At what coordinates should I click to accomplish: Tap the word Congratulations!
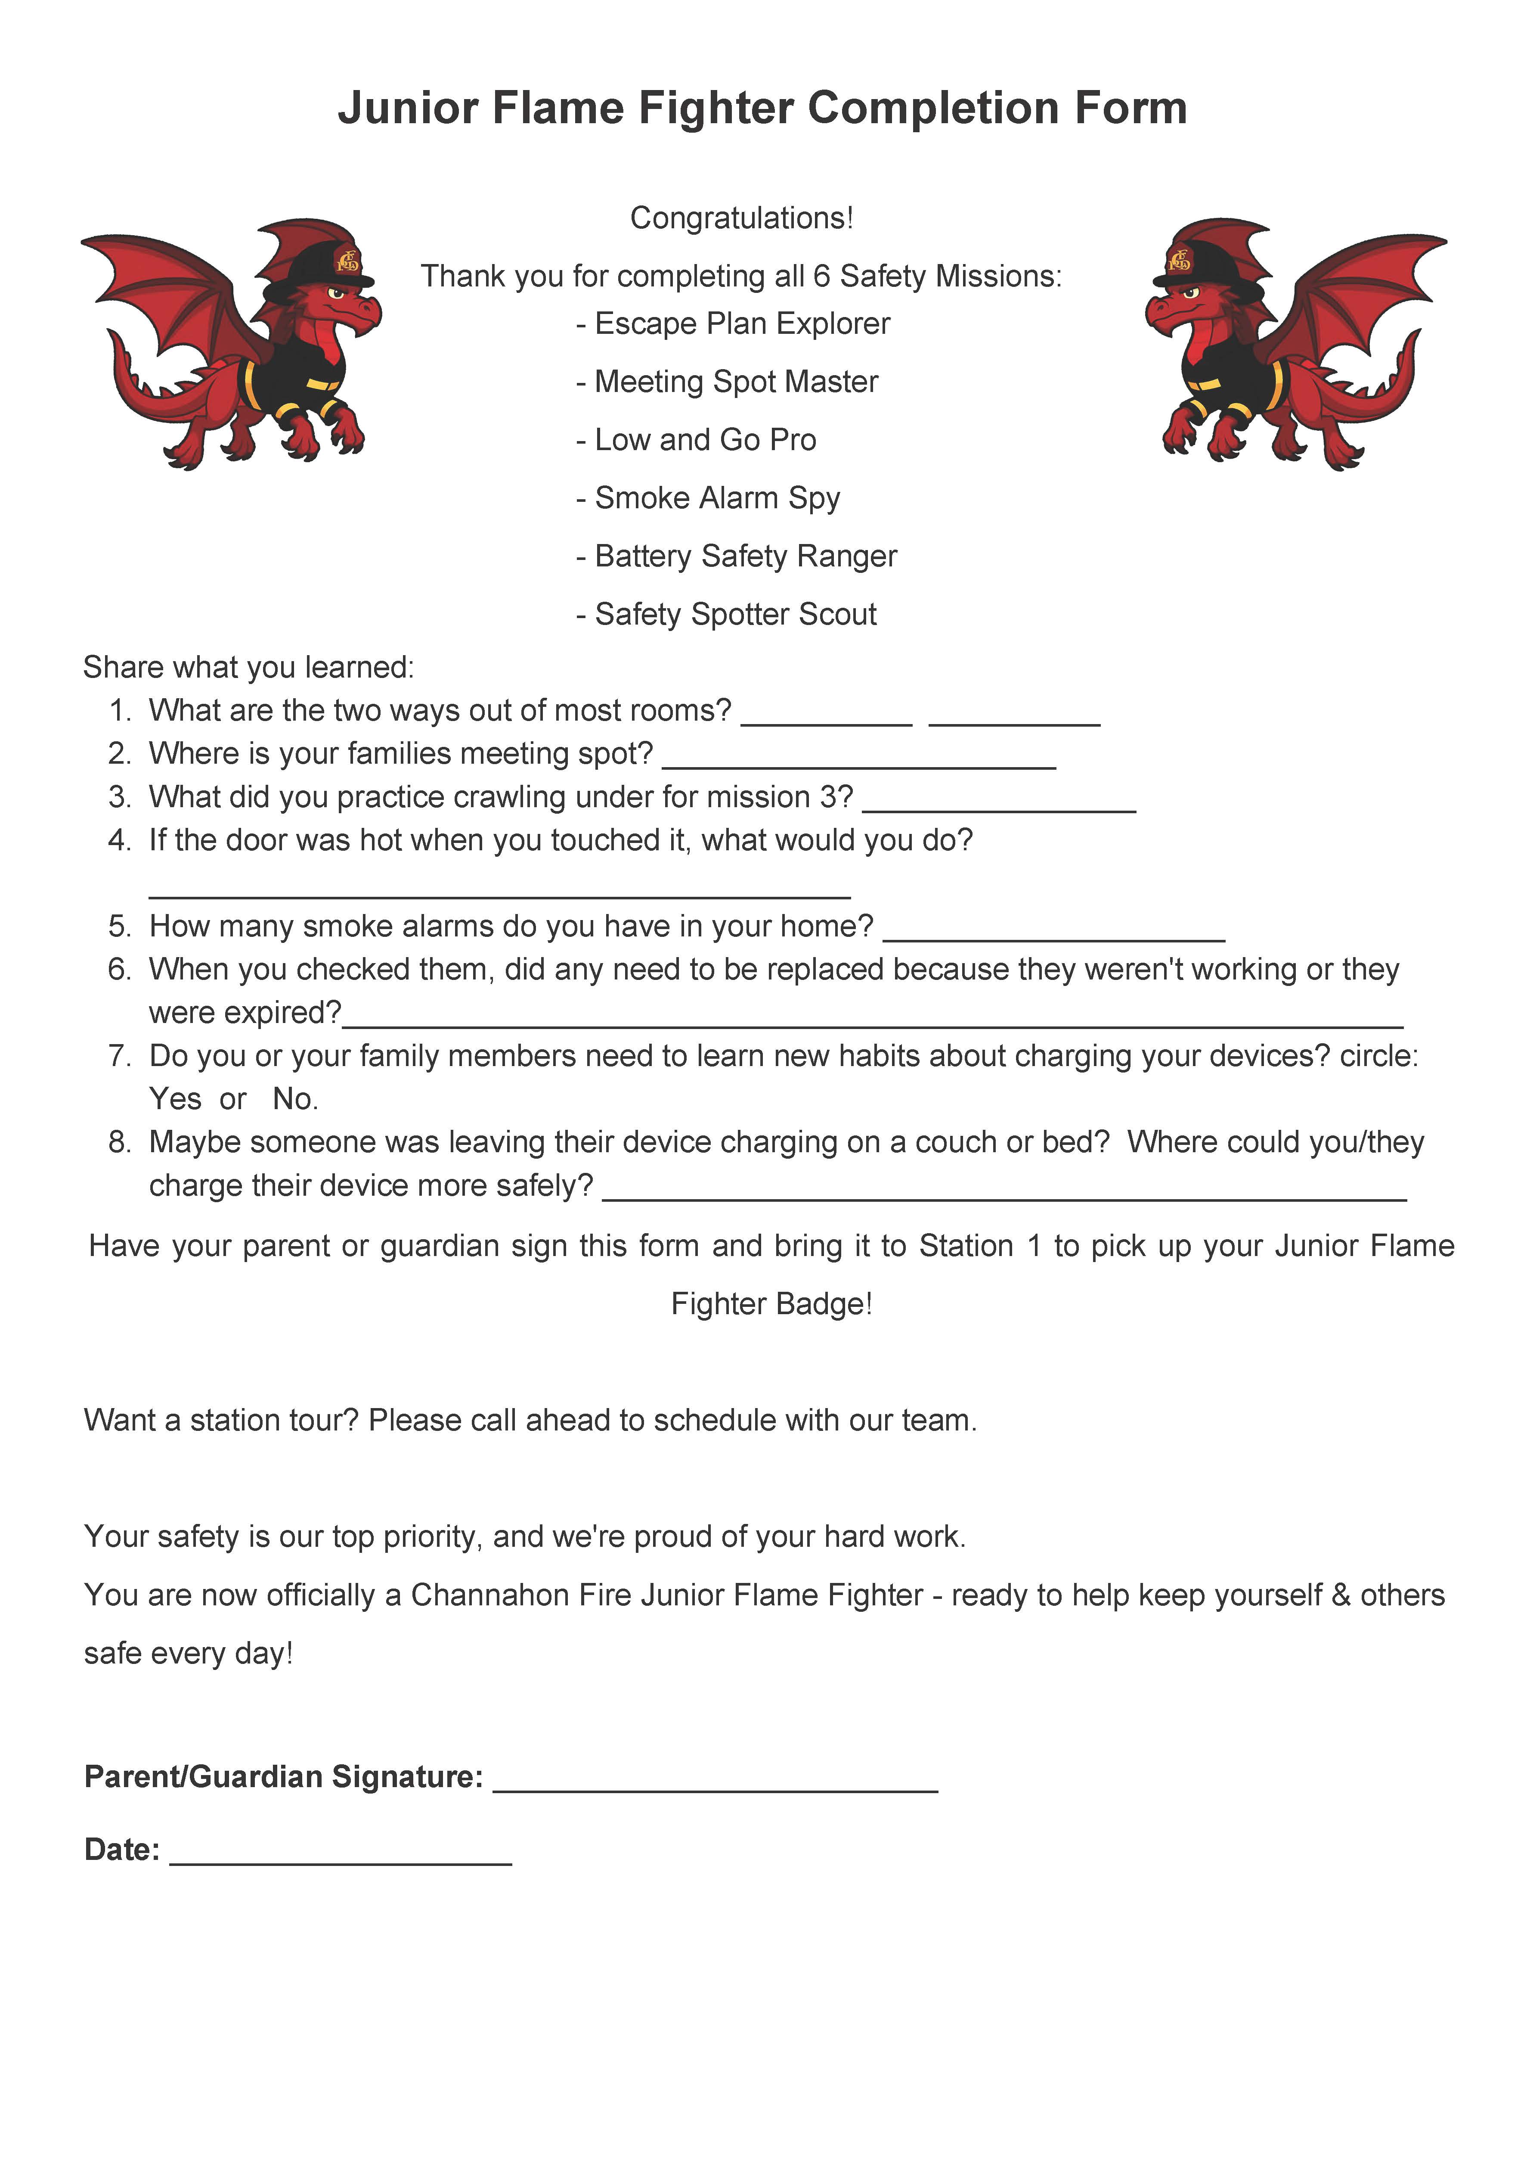[x=741, y=218]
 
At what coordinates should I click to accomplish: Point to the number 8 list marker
[x=118, y=1143]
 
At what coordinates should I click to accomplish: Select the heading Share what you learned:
[x=248, y=667]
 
